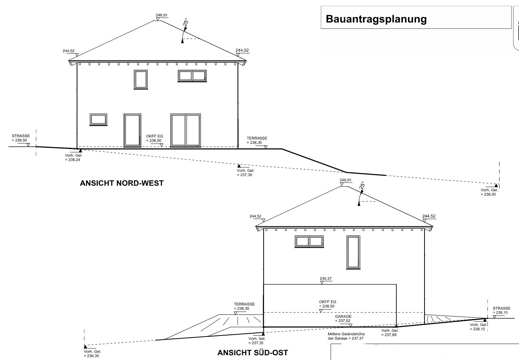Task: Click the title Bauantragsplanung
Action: pyautogui.click(x=376, y=19)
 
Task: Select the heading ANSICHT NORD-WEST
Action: pyautogui.click(x=122, y=183)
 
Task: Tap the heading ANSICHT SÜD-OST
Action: pyautogui.click(x=252, y=353)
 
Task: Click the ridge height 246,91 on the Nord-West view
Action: pyautogui.click(x=162, y=15)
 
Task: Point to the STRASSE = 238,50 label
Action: pyautogui.click(x=21, y=138)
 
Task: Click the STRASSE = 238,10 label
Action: pyautogui.click(x=501, y=311)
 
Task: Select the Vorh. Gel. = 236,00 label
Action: pyautogui.click(x=489, y=192)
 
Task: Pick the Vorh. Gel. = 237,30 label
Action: pyautogui.click(x=245, y=173)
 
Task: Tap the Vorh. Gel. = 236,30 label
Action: pyautogui.click(x=92, y=354)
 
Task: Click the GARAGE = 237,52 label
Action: pyautogui.click(x=343, y=319)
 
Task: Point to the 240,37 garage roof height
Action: pyautogui.click(x=326, y=279)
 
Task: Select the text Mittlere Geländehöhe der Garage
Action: pyautogui.click(x=346, y=336)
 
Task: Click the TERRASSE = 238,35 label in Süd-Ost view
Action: pyautogui.click(x=244, y=306)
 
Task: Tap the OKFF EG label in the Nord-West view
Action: pyautogui.click(x=154, y=136)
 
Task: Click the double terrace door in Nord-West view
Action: pyautogui.click(x=186, y=130)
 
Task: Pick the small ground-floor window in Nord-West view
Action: pyautogui.click(x=99, y=120)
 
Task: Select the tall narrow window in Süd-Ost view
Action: pyautogui.click(x=353, y=253)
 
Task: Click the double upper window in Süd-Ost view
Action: pyautogui.click(x=309, y=242)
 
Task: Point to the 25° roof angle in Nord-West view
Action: pyautogui.click(x=186, y=23)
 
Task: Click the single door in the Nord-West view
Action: pyautogui.click(x=132, y=130)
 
